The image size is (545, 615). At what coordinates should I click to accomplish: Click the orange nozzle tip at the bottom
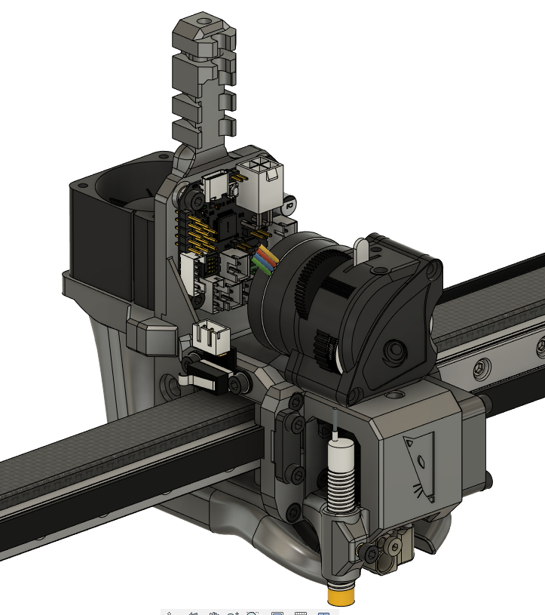[x=342, y=596]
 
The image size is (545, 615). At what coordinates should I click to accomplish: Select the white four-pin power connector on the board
[x=259, y=185]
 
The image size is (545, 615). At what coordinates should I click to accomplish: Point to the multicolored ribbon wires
[x=265, y=260]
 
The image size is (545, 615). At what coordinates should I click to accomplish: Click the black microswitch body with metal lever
[x=208, y=375]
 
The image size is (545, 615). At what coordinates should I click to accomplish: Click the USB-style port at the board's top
[x=215, y=183]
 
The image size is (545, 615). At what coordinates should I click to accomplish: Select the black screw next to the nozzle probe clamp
[x=371, y=555]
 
